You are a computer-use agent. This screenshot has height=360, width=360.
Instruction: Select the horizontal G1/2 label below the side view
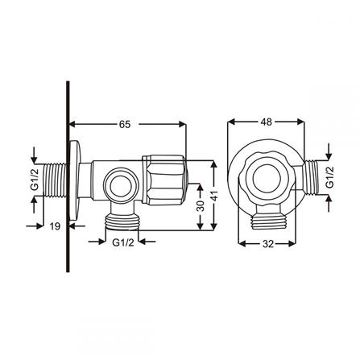point(122,241)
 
